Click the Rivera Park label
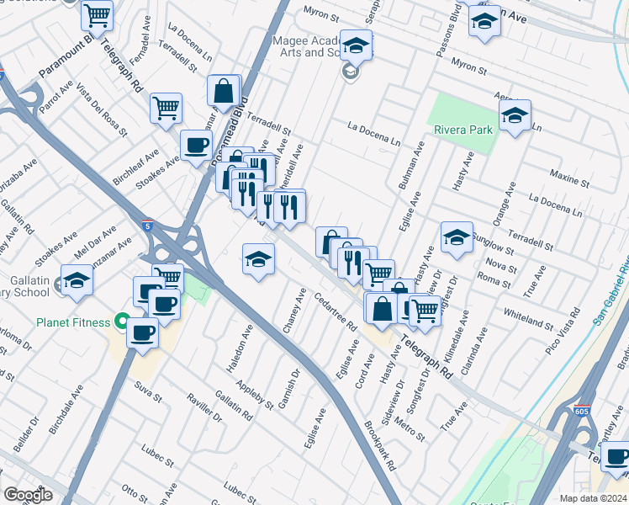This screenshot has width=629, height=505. click(x=462, y=130)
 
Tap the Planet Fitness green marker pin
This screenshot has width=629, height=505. click(x=122, y=322)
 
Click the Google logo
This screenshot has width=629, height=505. click(x=28, y=495)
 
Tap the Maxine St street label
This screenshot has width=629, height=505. click(x=569, y=178)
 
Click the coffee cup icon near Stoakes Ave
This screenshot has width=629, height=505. click(x=196, y=144)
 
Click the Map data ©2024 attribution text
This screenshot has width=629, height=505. click(x=593, y=498)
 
